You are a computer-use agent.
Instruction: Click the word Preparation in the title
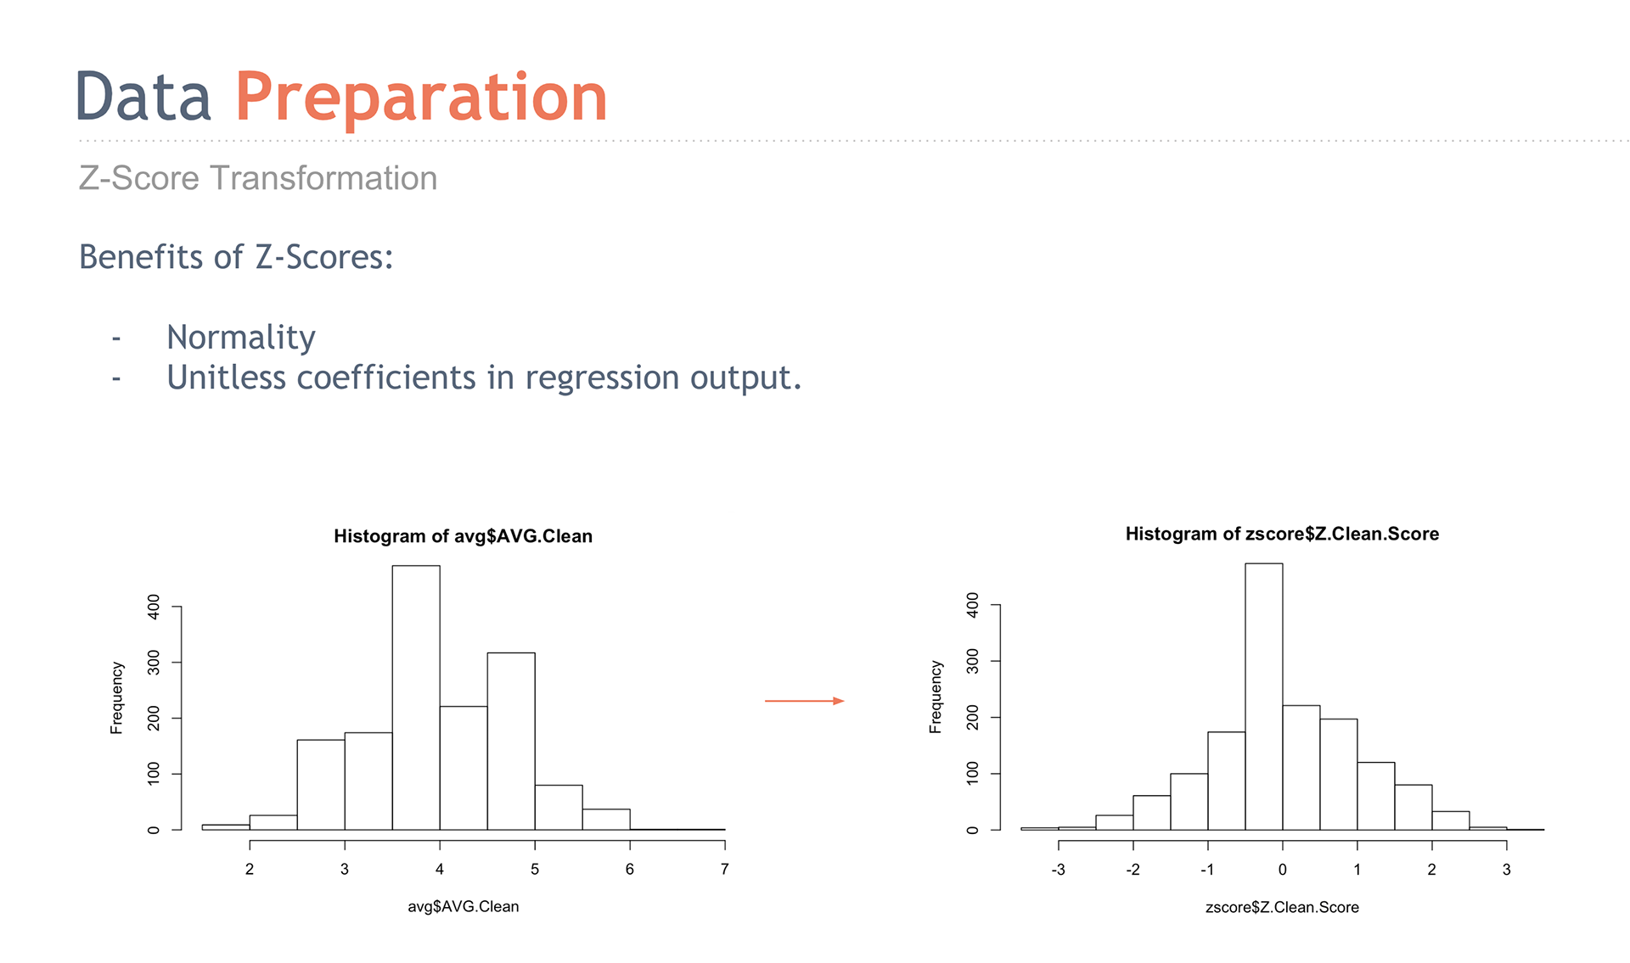[x=421, y=98]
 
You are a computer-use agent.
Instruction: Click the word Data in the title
[x=143, y=97]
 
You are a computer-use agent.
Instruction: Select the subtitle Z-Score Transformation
[x=258, y=178]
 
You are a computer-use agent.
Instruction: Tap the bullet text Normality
[x=241, y=338]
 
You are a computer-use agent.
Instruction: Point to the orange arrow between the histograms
[x=804, y=701]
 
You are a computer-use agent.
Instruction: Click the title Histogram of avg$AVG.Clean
[x=463, y=536]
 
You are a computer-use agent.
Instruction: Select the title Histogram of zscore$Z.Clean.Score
[x=1282, y=534]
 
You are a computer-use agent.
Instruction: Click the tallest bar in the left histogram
[x=416, y=697]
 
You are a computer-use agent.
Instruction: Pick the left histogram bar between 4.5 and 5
[x=511, y=741]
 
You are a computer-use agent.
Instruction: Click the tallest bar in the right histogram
[x=1264, y=697]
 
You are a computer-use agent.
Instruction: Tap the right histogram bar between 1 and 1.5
[x=1376, y=796]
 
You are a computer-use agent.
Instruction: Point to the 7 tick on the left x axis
[x=724, y=869]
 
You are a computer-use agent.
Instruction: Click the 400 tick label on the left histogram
[x=153, y=607]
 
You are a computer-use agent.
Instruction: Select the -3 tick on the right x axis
[x=1058, y=870]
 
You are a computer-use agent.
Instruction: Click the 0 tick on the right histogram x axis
[x=1282, y=870]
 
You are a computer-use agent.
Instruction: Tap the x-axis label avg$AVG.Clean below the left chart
[x=463, y=907]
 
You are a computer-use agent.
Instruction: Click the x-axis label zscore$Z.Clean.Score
[x=1282, y=908]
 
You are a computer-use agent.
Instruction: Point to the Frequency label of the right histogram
[x=936, y=697]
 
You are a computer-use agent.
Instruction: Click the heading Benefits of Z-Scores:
[x=236, y=257]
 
